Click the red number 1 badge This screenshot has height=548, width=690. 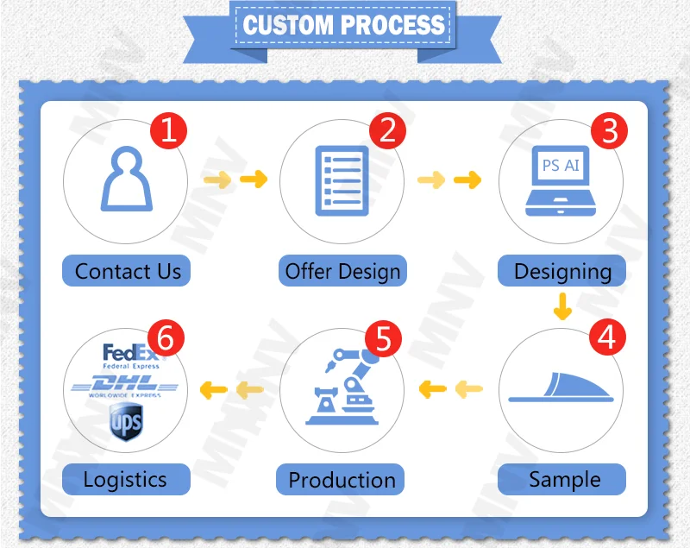click(x=169, y=131)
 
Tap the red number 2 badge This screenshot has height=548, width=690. click(x=387, y=130)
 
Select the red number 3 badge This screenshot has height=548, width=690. click(x=610, y=131)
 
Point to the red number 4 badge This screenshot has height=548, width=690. click(x=607, y=337)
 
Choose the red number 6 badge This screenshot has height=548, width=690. click(x=166, y=338)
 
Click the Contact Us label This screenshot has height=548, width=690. click(x=128, y=271)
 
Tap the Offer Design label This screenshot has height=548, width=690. click(x=343, y=271)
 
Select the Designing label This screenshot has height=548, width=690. click(x=562, y=271)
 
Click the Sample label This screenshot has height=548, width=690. click(x=564, y=479)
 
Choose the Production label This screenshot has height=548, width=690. click(x=342, y=479)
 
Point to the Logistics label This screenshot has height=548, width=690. click(x=125, y=479)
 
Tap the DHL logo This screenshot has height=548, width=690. click(x=126, y=384)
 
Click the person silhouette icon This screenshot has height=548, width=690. click(x=128, y=178)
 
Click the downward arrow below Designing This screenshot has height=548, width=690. click(x=562, y=305)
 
